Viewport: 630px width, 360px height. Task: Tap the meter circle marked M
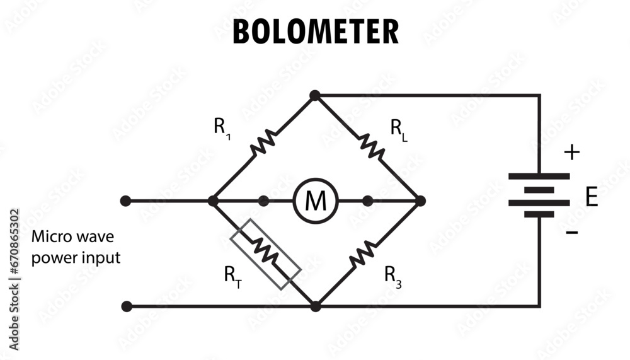pyautogui.click(x=316, y=201)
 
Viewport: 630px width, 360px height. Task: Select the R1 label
pyautogui.click(x=221, y=128)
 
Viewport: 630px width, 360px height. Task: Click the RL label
pyautogui.click(x=398, y=129)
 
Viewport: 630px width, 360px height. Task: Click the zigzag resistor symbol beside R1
pyautogui.click(x=263, y=143)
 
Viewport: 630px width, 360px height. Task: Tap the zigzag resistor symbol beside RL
pyautogui.click(x=372, y=146)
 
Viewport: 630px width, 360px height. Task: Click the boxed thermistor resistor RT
pyautogui.click(x=265, y=254)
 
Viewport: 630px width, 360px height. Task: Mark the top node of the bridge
pyautogui.click(x=315, y=95)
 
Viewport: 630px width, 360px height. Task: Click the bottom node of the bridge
pyautogui.click(x=316, y=306)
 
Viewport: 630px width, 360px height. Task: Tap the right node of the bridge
pyautogui.click(x=420, y=201)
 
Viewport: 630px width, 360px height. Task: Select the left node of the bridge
pyautogui.click(x=213, y=201)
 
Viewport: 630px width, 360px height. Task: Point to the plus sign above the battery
pyautogui.click(x=571, y=152)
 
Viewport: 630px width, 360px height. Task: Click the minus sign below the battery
pyautogui.click(x=571, y=233)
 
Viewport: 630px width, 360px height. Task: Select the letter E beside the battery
pyautogui.click(x=591, y=197)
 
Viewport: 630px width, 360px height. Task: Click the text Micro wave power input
pyautogui.click(x=76, y=248)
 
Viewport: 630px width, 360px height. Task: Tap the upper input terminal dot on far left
pyautogui.click(x=126, y=201)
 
